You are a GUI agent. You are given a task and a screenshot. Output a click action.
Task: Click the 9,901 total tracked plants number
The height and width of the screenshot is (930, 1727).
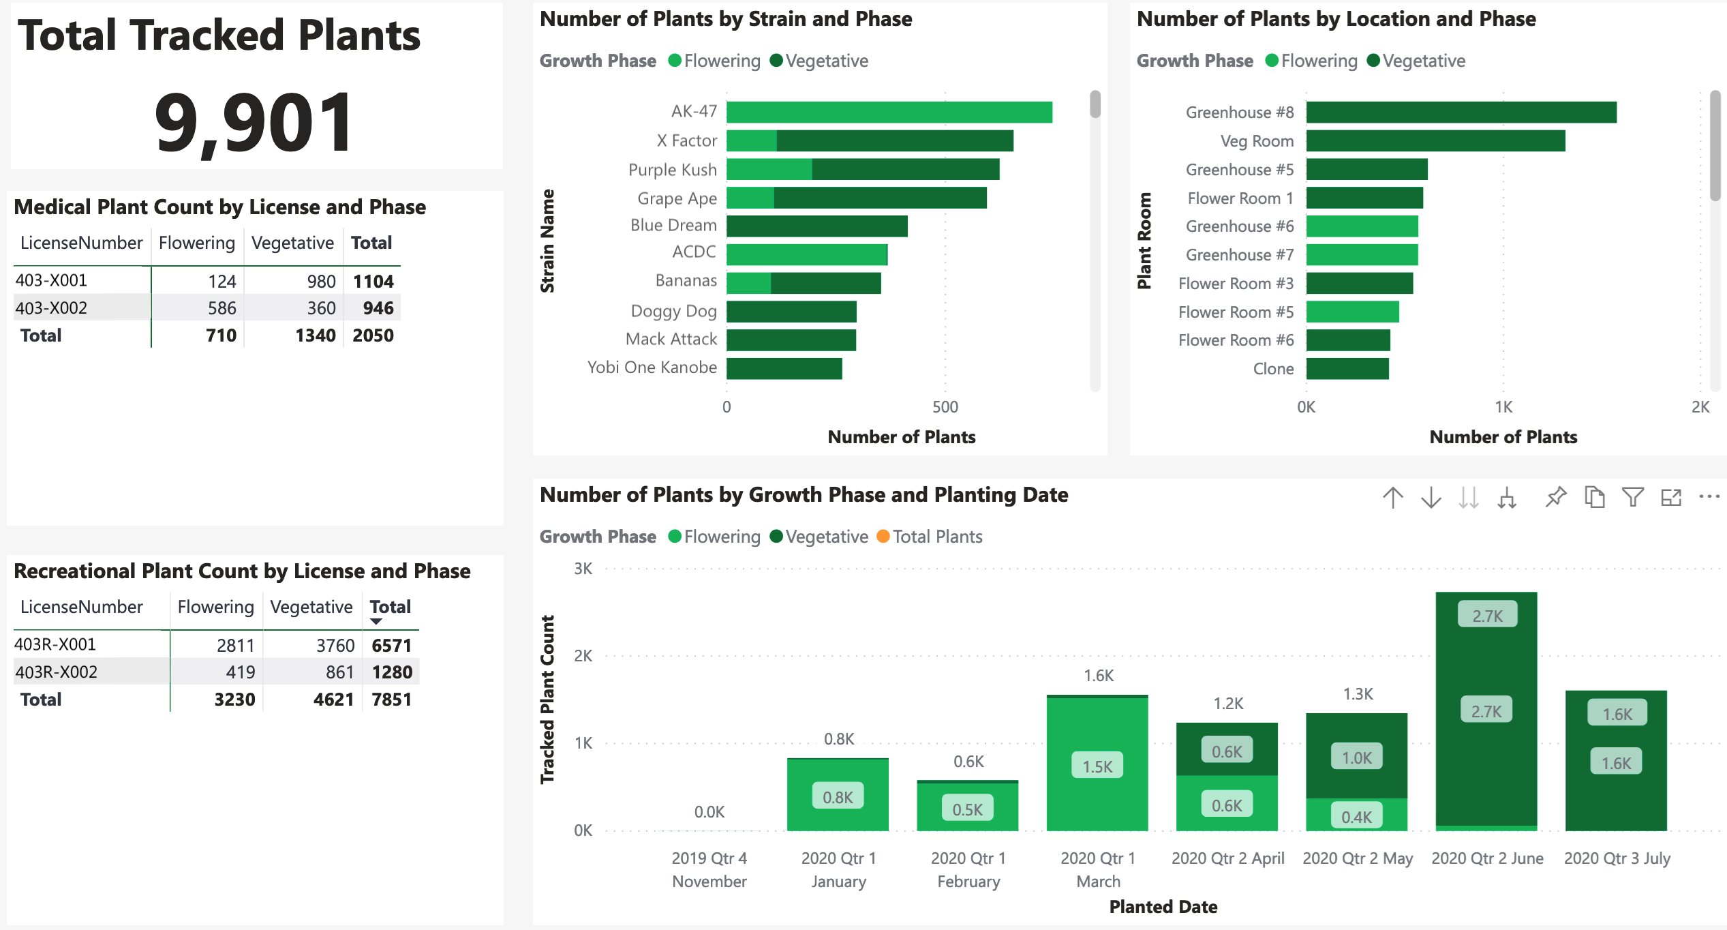[x=254, y=123]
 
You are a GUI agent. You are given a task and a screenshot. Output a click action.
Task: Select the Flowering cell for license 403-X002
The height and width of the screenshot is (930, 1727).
[x=221, y=308]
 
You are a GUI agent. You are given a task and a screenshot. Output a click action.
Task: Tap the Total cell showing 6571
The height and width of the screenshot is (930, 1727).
[x=391, y=645]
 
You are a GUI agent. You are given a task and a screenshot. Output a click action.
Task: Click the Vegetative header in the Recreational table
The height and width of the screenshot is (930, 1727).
[x=311, y=607]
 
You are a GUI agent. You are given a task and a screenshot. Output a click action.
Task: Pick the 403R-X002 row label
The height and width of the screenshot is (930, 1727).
[x=56, y=672]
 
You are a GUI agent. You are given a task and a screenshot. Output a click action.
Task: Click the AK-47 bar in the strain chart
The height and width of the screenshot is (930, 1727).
[x=889, y=112]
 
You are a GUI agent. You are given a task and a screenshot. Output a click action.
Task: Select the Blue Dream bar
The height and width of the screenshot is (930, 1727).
[x=816, y=226]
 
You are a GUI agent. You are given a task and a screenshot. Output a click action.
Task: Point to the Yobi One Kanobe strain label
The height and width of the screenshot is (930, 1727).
[x=652, y=367]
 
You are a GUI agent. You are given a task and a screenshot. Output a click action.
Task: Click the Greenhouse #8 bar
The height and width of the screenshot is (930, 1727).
[x=1461, y=112]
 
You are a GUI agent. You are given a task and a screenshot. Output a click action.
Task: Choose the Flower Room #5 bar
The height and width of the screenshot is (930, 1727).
[x=1352, y=312]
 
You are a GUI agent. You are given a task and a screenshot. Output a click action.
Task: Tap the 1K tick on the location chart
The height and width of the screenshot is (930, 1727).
[x=1503, y=408]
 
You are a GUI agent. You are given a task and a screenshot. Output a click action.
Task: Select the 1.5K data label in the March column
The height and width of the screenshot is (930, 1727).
[x=1097, y=766]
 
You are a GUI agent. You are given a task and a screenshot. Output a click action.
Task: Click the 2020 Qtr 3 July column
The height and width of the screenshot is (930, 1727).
[x=1615, y=760]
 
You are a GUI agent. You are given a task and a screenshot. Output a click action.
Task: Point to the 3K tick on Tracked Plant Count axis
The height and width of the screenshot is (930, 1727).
[x=583, y=569]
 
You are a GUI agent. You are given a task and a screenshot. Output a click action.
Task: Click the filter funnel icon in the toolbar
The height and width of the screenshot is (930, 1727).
[x=1632, y=497]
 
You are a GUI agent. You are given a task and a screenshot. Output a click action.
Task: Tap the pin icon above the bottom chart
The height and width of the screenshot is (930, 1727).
[x=1555, y=497]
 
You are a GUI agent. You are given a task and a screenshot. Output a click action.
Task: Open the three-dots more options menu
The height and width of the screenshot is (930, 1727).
[x=1709, y=497]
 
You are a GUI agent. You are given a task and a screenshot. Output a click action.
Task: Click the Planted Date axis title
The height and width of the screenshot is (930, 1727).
[x=1163, y=907]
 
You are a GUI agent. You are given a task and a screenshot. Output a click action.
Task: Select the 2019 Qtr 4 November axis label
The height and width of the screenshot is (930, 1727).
[x=709, y=869]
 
